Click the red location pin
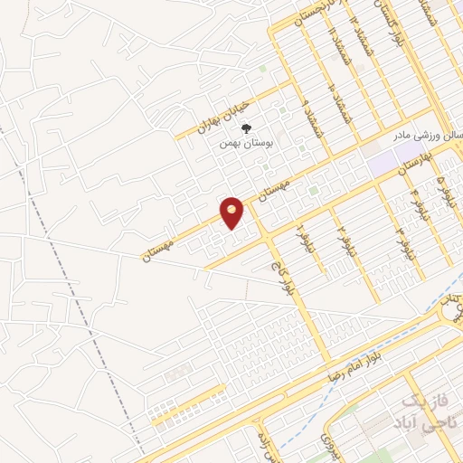(x=232, y=212)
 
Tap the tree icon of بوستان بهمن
(x=246, y=128)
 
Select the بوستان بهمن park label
(x=246, y=142)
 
